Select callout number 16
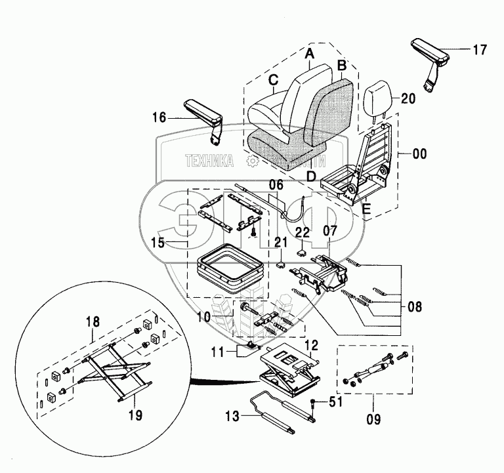159,119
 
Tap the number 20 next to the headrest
408,99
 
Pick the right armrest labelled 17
431,51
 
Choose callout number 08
414,305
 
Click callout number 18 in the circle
93,322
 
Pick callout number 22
302,232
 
